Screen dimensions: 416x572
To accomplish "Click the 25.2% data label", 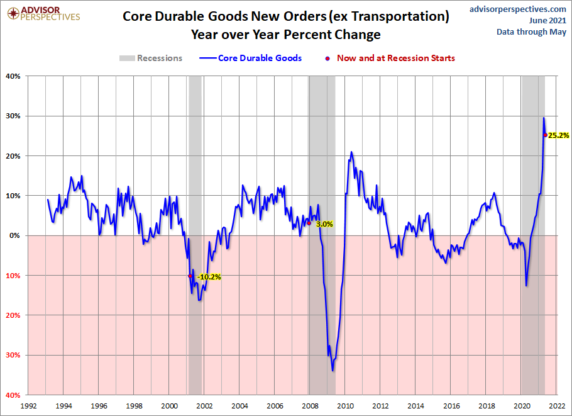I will (559, 135).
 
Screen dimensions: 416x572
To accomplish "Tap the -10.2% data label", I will (209, 276).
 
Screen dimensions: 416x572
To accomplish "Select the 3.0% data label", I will (324, 223).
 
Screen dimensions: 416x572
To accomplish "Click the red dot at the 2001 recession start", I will (190, 276).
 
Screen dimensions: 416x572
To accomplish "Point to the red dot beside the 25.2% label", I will (545, 135).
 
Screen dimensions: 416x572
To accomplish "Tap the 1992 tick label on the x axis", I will (28, 406).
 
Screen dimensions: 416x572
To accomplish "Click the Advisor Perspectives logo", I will (41, 13).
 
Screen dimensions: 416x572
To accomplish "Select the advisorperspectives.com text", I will (518, 9).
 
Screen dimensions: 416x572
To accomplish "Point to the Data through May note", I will (532, 31).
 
